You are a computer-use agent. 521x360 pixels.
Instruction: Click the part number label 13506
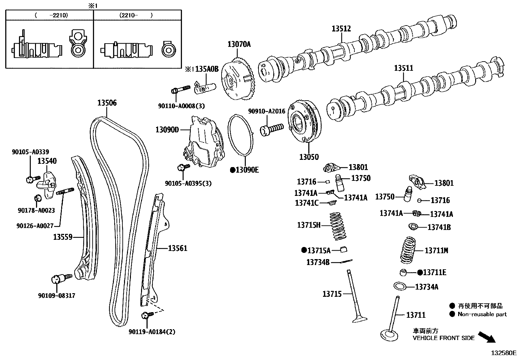coord(107,103)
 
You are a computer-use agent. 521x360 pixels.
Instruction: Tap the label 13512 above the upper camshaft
coord(341,29)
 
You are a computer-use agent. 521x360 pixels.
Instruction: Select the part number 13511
coord(403,68)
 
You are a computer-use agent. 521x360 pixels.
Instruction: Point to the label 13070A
coord(239,44)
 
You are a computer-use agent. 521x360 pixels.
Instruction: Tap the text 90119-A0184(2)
coord(152,332)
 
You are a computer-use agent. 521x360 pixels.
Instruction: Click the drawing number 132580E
coord(503,353)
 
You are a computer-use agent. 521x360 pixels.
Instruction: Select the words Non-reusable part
coord(482,314)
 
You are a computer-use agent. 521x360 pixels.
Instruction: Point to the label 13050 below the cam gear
coord(308,157)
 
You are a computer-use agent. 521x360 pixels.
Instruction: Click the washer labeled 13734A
coord(400,286)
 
